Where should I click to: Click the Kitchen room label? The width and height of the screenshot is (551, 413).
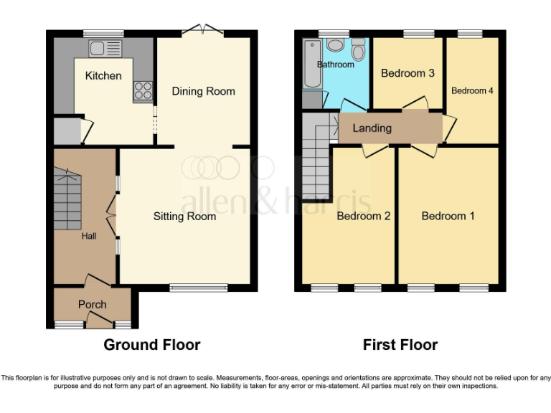pyautogui.click(x=103, y=75)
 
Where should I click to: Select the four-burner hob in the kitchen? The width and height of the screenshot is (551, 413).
pyautogui.click(x=142, y=90)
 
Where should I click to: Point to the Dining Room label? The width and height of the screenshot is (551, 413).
pyautogui.click(x=203, y=91)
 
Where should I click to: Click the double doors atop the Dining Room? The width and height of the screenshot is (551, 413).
pyautogui.click(x=202, y=30)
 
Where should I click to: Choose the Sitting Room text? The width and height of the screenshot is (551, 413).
pyautogui.click(x=184, y=216)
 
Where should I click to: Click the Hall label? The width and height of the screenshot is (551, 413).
pyautogui.click(x=88, y=236)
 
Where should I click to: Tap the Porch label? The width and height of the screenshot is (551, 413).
pyautogui.click(x=92, y=305)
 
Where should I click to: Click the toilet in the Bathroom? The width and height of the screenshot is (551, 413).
pyautogui.click(x=358, y=49)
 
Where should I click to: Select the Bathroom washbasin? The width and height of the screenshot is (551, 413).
pyautogui.click(x=336, y=45)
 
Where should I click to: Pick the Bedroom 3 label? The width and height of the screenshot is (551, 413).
pyautogui.click(x=408, y=73)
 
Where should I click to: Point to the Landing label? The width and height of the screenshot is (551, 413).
pyautogui.click(x=372, y=128)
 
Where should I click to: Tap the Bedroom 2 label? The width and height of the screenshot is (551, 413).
pyautogui.click(x=363, y=216)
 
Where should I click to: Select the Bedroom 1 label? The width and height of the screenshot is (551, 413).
pyautogui.click(x=448, y=216)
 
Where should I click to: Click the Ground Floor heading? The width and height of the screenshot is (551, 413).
pyautogui.click(x=152, y=345)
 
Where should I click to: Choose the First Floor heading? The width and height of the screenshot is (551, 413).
pyautogui.click(x=400, y=345)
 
